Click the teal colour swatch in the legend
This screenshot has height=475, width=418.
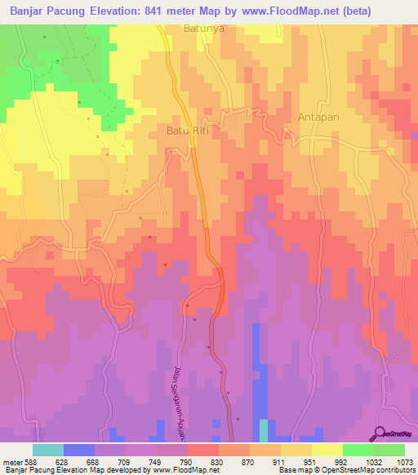click(48, 450)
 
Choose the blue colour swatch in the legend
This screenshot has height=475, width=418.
click(79, 450)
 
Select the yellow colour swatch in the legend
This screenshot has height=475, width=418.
click(327, 450)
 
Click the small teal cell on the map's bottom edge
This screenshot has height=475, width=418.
click(263, 430)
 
